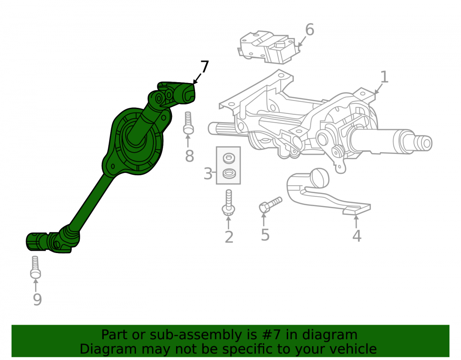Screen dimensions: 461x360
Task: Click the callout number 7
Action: point(204,67)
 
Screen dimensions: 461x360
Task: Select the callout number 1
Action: point(384,77)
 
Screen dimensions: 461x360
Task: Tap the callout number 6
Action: point(310,30)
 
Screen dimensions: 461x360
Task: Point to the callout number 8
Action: point(189,156)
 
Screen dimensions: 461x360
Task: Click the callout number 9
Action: point(37,299)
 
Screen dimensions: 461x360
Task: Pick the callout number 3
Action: point(208,174)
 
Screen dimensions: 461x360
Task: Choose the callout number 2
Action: point(229,237)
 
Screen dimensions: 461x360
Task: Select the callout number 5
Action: point(265,235)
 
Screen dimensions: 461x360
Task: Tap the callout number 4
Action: point(357,236)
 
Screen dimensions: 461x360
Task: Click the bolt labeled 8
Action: point(188,123)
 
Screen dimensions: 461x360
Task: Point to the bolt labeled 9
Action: point(35,267)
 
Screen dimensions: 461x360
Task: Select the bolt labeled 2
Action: point(229,202)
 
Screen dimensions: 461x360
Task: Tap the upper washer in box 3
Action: point(229,158)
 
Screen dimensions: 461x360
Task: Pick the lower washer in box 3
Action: point(229,173)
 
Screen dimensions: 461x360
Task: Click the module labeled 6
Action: point(268,47)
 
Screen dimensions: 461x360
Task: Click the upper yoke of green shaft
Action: point(173,94)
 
